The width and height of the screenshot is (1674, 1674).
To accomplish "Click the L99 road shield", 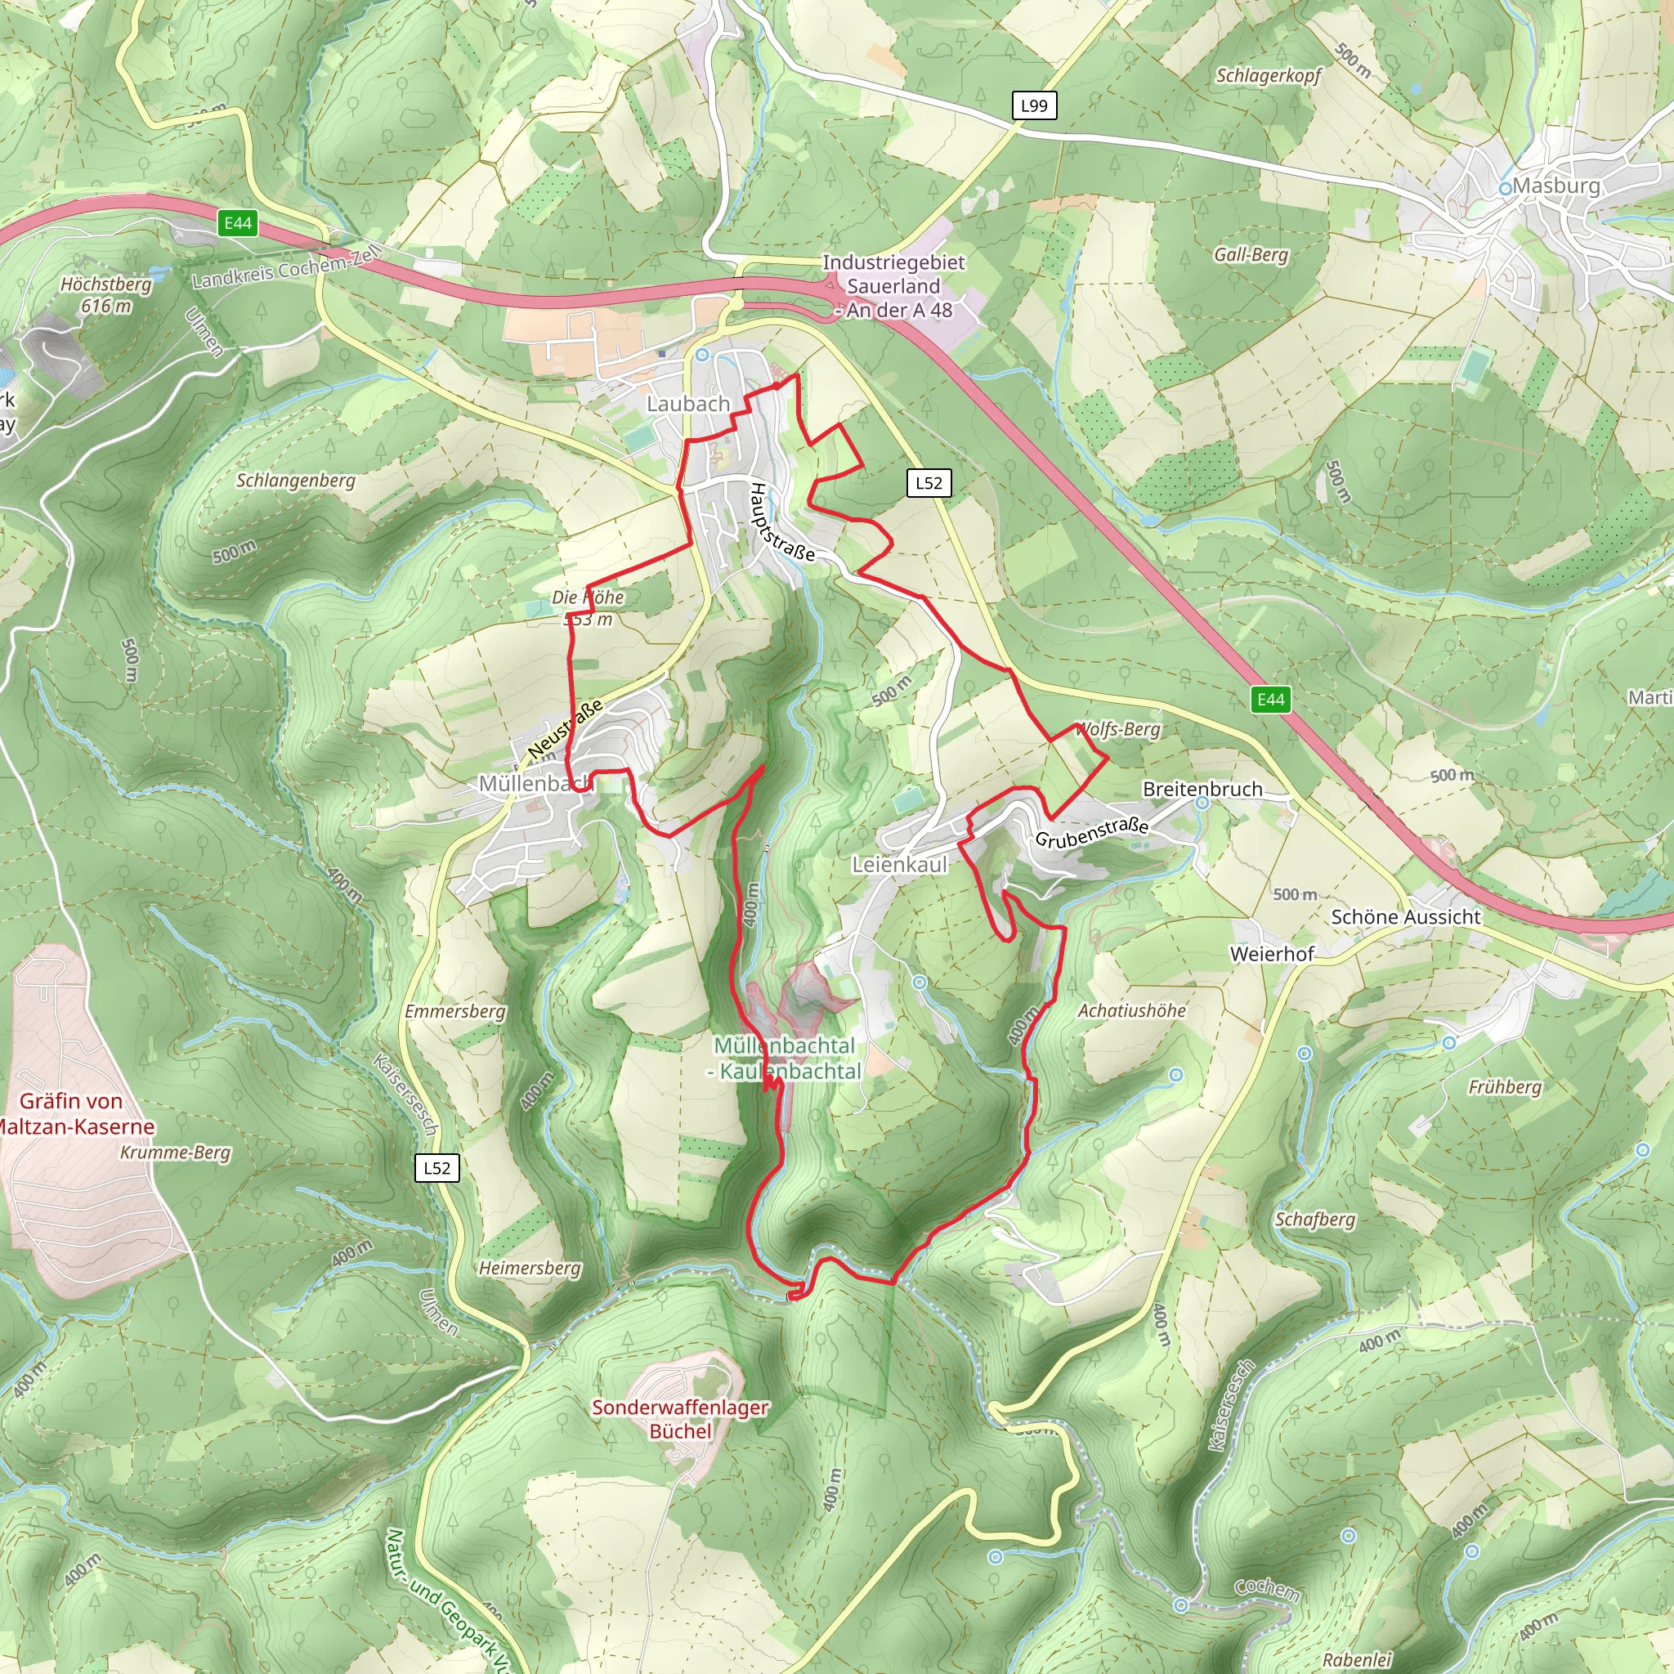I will pyautogui.click(x=1034, y=105).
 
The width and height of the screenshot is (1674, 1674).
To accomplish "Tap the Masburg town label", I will pyautogui.click(x=1555, y=186).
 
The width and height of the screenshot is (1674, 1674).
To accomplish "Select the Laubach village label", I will pyautogui.click(x=688, y=404).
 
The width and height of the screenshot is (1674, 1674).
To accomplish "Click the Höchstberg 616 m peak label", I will pyautogui.click(x=105, y=294).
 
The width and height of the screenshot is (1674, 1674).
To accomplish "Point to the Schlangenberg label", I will pyautogui.click(x=295, y=480).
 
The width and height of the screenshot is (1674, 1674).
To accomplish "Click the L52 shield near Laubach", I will pyautogui.click(x=928, y=482).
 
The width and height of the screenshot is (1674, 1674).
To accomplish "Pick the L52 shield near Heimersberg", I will pyautogui.click(x=436, y=1167).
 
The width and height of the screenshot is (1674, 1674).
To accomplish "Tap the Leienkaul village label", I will pyautogui.click(x=899, y=864).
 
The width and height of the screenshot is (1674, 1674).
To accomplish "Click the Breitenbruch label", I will pyautogui.click(x=1202, y=789).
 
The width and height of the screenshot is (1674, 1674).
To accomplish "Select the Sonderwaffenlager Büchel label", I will pyautogui.click(x=679, y=1419).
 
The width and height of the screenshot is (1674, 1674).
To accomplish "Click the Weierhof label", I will pyautogui.click(x=1271, y=954).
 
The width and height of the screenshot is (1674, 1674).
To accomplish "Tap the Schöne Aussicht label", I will pyautogui.click(x=1405, y=917).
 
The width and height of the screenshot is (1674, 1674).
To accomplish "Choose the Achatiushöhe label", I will pyautogui.click(x=1130, y=1010).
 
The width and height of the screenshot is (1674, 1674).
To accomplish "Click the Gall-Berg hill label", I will pyautogui.click(x=1251, y=254).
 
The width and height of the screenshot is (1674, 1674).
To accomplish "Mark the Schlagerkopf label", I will pyautogui.click(x=1268, y=75).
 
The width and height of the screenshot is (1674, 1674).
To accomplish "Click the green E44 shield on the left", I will pyautogui.click(x=237, y=223).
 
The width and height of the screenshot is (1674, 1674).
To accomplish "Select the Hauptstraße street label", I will pyautogui.click(x=781, y=522).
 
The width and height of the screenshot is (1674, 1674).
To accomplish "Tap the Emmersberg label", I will pyautogui.click(x=455, y=1011).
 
